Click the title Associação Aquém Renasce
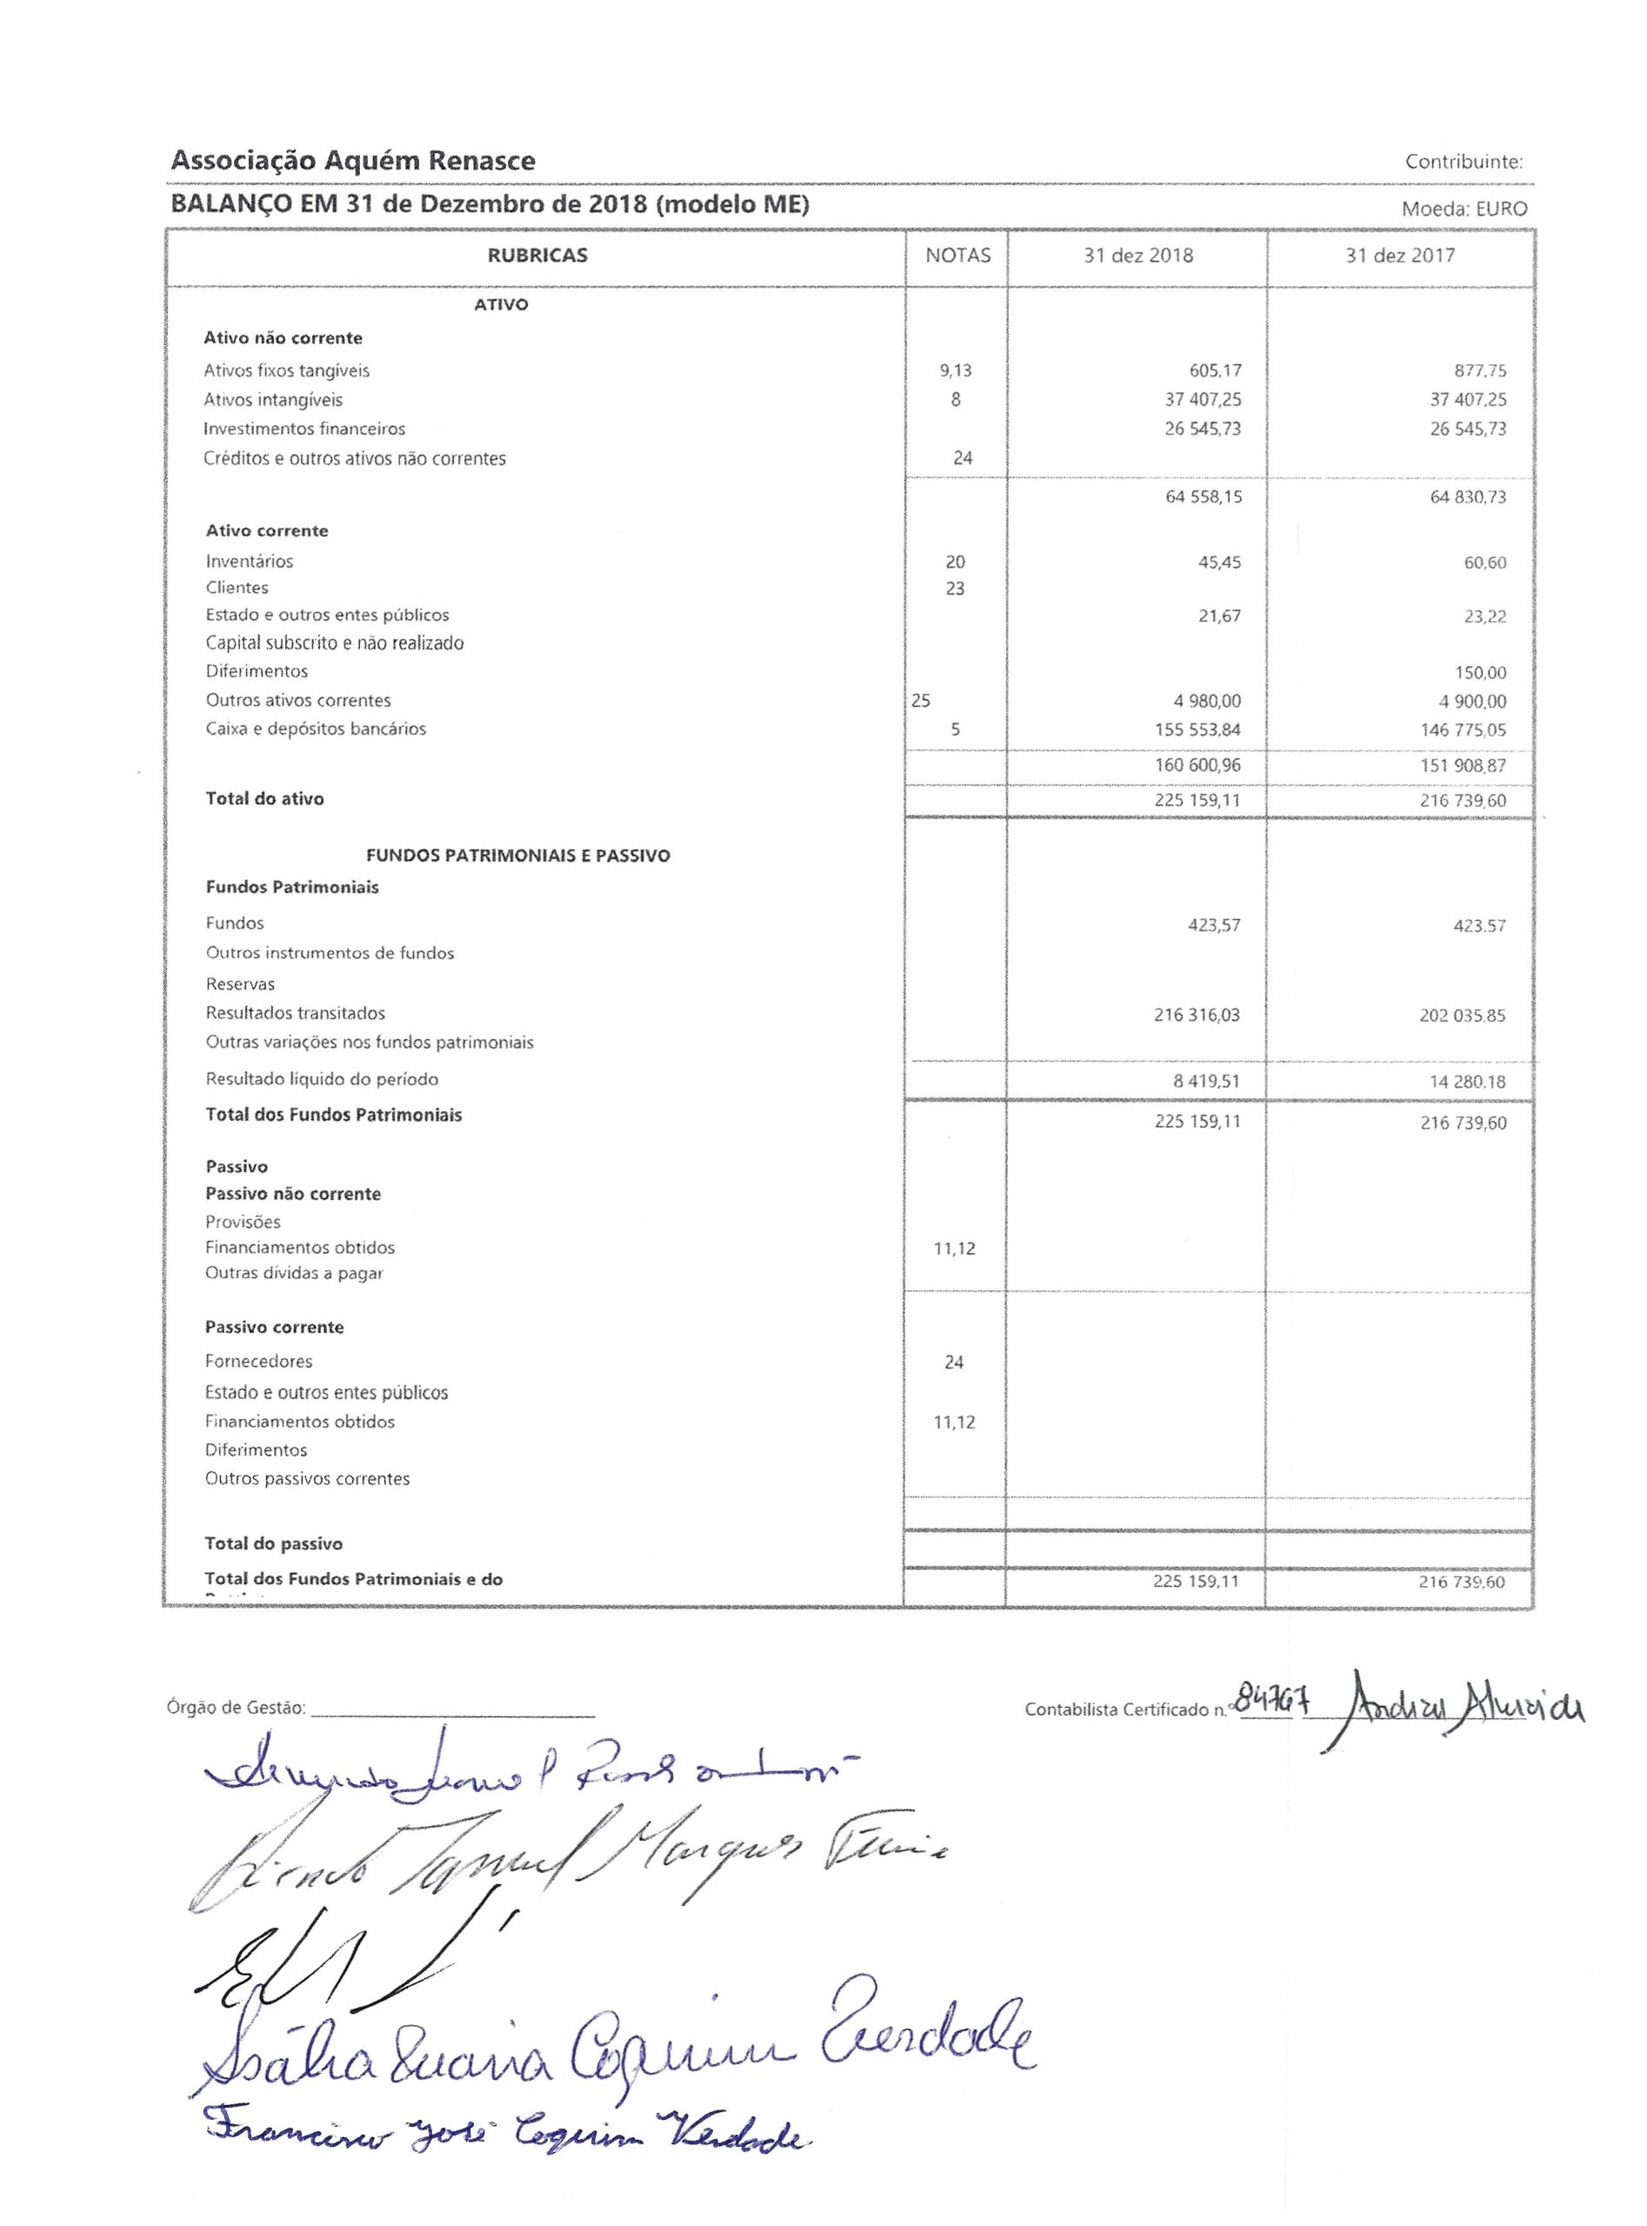tap(353, 161)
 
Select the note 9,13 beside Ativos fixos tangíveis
tap(955, 370)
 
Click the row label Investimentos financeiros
tap(304, 429)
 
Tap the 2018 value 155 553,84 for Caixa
tap(1197, 730)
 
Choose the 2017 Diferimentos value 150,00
tap(1481, 673)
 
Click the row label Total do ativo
tap(264, 798)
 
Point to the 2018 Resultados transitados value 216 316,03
tap(1197, 1015)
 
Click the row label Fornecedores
tap(258, 1361)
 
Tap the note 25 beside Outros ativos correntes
tap(920, 701)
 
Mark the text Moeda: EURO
tap(1464, 210)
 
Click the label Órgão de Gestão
tap(237, 1708)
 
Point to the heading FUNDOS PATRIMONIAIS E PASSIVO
tap(517, 856)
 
